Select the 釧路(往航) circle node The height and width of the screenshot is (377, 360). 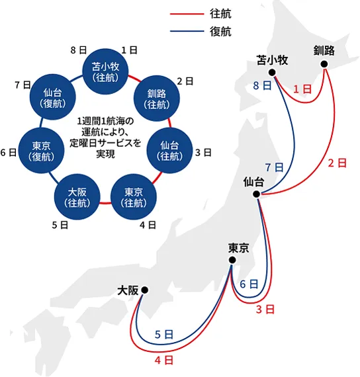click(156, 98)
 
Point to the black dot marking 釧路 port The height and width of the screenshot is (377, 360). click(324, 64)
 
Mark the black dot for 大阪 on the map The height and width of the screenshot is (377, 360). click(144, 289)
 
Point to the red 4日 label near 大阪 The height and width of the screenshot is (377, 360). click(164, 360)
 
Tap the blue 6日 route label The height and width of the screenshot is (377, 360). click(248, 284)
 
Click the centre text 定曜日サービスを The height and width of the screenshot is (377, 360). click(105, 143)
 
